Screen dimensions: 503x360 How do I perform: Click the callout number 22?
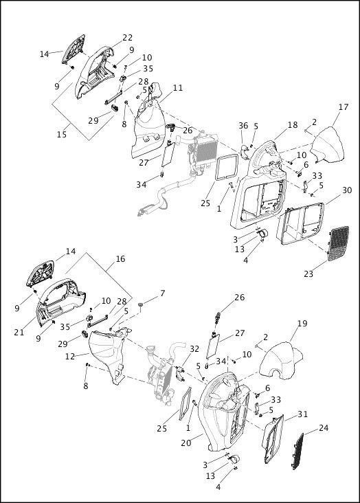(x=127, y=38)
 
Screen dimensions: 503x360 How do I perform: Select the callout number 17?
(x=344, y=107)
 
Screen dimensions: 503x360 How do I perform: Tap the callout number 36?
(x=243, y=126)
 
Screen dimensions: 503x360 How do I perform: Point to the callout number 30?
(x=347, y=190)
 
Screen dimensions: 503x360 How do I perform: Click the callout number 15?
(x=61, y=135)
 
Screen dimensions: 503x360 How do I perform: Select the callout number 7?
(x=162, y=294)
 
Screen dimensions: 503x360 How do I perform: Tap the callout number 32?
(x=194, y=349)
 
